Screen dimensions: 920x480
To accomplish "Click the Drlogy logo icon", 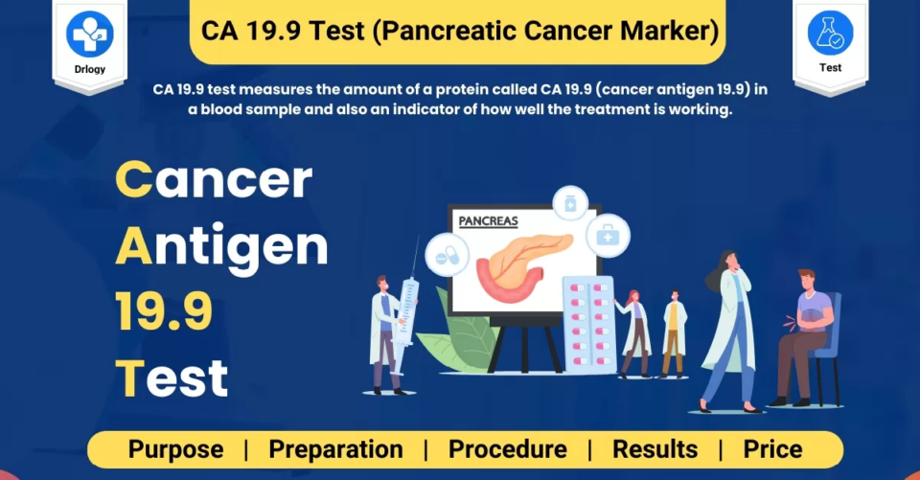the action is [90, 34].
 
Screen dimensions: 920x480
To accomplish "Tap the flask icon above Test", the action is [830, 33].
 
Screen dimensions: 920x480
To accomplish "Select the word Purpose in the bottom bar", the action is [175, 449].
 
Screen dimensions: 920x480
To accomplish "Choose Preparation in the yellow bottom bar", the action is [335, 449].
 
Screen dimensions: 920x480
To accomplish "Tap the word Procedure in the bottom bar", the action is [508, 449].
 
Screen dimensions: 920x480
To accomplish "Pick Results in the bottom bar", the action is [655, 449].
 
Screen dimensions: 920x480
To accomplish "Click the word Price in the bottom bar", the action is [772, 449].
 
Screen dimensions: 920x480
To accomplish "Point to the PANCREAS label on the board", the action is [488, 221].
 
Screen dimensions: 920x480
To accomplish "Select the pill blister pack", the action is [587, 324].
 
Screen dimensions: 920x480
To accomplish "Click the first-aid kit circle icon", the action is [608, 236].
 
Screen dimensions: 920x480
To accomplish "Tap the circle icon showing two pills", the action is [448, 255].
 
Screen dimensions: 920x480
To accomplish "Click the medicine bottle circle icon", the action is [570, 204].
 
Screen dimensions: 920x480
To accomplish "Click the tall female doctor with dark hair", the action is [728, 331].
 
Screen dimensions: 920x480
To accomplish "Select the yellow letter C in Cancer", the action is [134, 179].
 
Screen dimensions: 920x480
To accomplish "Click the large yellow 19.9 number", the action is [164, 311].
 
